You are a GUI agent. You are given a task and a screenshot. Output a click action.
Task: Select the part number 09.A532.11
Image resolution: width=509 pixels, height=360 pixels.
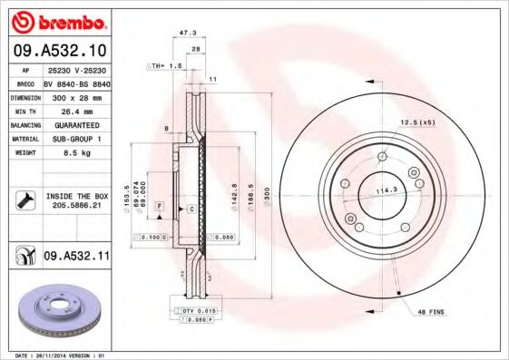point(77,257)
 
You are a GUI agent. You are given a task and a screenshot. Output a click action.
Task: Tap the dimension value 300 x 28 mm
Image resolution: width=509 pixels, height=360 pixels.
point(78,95)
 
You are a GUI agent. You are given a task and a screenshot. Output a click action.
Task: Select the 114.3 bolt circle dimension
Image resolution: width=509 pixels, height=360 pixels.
point(388,190)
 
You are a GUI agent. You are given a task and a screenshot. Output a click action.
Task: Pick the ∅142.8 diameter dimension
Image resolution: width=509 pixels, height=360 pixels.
point(235,195)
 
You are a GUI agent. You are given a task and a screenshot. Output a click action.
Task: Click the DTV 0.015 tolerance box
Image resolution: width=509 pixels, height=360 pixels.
point(195,311)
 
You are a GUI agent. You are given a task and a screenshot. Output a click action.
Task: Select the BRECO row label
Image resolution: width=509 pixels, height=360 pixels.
point(26,81)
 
